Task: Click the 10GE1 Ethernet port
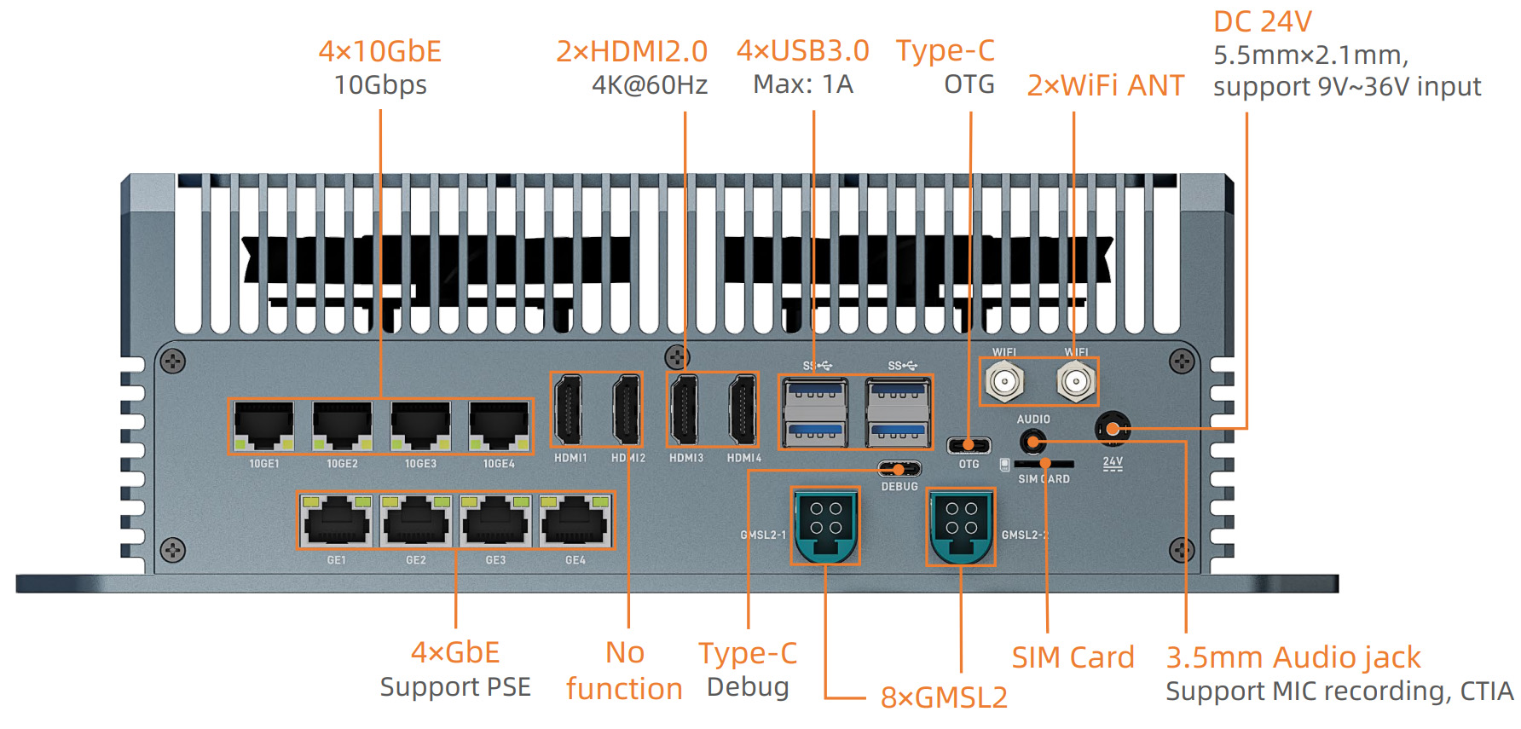click(264, 425)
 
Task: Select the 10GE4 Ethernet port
click(499, 425)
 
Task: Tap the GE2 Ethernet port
click(416, 520)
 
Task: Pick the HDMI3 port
click(684, 409)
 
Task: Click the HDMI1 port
click(569, 409)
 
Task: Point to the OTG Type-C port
click(969, 445)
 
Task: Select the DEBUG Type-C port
click(899, 469)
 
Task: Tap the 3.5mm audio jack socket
click(1032, 442)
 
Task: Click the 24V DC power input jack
click(1113, 428)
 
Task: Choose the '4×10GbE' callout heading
click(379, 51)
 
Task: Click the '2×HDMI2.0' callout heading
click(632, 51)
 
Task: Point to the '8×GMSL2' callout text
click(944, 697)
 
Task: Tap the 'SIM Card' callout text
click(1073, 657)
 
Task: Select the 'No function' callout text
click(624, 670)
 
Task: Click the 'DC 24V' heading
click(1263, 21)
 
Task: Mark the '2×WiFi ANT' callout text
click(1105, 85)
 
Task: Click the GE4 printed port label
click(575, 560)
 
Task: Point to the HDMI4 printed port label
click(744, 458)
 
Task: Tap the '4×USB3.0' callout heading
click(802, 51)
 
